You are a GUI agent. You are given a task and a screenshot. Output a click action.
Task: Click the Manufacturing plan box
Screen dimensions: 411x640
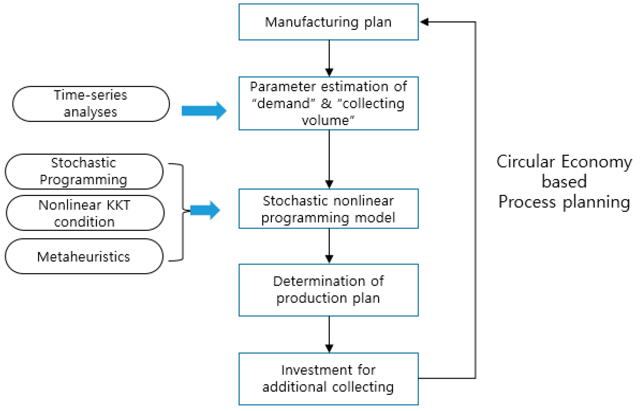click(x=328, y=22)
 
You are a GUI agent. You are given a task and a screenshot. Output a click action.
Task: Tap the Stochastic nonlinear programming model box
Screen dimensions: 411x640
click(x=328, y=209)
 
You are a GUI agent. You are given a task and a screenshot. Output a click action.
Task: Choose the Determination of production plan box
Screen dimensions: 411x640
click(x=328, y=290)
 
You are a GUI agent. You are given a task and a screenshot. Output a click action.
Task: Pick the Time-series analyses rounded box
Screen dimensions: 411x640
click(x=91, y=104)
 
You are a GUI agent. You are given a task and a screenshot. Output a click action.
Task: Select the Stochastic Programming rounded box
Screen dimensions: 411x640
click(x=84, y=171)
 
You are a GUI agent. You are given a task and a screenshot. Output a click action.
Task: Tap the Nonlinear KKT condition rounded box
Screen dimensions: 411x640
click(x=85, y=213)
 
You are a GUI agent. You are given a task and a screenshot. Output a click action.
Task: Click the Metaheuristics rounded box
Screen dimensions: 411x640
click(x=84, y=256)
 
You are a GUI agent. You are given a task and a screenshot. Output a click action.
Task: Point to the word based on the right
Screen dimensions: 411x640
click(x=564, y=182)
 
